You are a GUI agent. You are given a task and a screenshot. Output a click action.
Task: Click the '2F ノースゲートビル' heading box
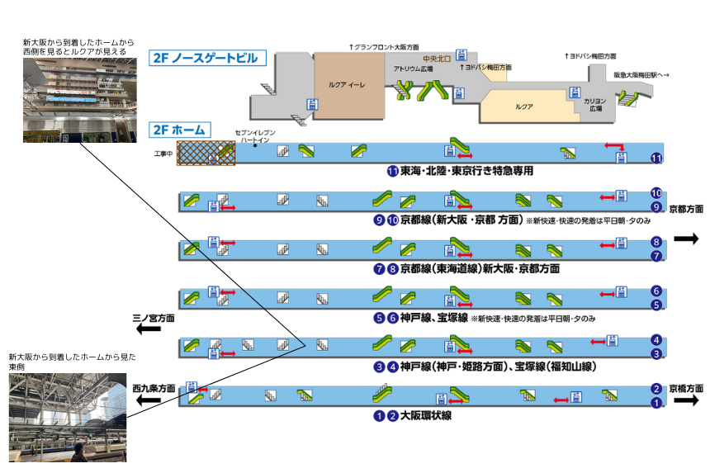[209, 58]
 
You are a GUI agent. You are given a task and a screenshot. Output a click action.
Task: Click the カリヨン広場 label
[594, 104]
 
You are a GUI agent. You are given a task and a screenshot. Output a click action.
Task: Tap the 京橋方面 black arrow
[685, 402]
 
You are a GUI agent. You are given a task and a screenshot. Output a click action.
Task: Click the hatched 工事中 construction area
[206, 153]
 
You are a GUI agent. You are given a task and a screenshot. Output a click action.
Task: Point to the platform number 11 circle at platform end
[656, 158]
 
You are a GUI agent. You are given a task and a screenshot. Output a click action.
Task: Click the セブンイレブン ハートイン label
[255, 136]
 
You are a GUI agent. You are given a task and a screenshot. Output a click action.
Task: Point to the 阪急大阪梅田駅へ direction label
[641, 75]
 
